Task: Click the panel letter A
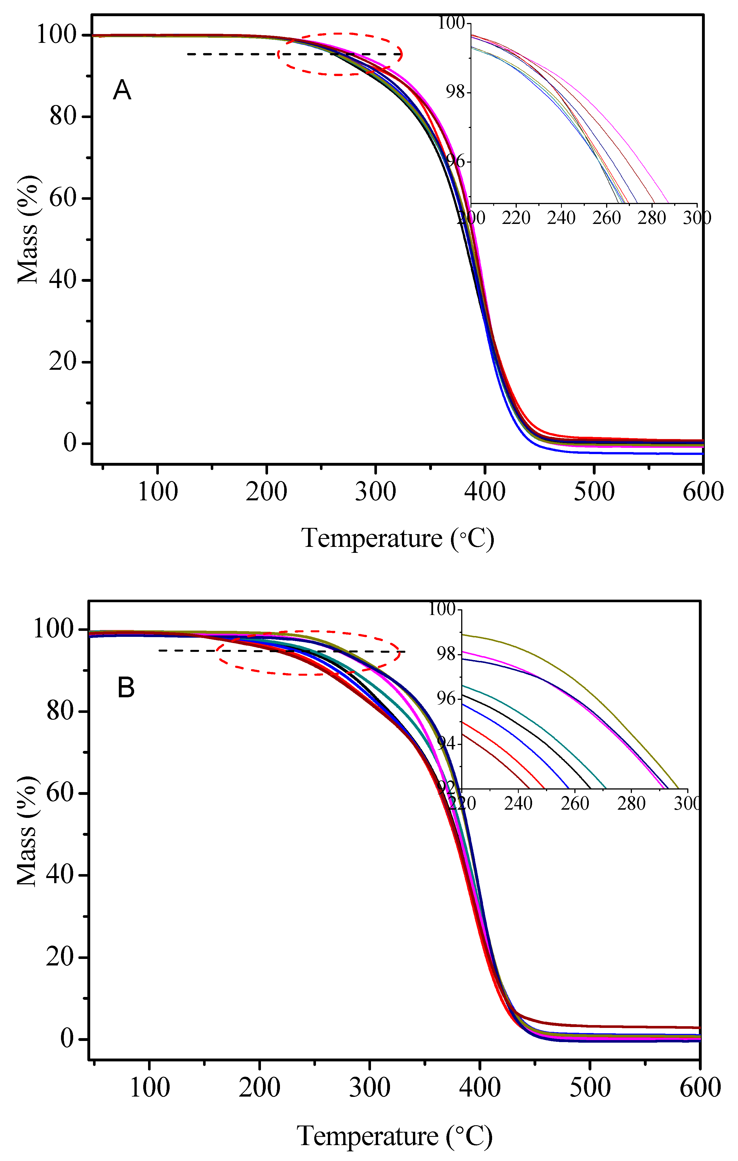[122, 90]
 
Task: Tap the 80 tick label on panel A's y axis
[63, 116]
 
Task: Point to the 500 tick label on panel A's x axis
[594, 492]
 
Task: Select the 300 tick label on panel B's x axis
[370, 1088]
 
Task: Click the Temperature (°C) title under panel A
[397, 539]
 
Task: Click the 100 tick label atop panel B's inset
[442, 609]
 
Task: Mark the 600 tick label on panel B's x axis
[699, 1088]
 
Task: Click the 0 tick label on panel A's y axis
[70, 443]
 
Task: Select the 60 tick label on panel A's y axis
[63, 198]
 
